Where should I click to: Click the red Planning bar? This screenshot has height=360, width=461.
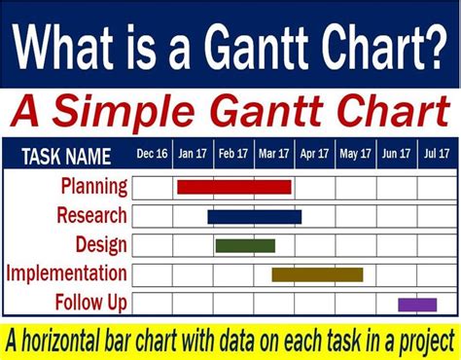(233, 187)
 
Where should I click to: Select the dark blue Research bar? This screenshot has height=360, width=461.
(254, 216)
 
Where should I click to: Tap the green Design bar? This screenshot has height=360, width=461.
(245, 245)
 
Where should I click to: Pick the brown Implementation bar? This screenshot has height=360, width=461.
(317, 274)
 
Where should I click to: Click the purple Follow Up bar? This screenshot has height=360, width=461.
(417, 305)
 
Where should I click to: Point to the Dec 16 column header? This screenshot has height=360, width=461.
(152, 154)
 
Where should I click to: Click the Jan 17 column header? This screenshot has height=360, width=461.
(193, 154)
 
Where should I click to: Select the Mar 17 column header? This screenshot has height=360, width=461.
(274, 154)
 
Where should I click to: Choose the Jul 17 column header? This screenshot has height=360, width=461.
(437, 154)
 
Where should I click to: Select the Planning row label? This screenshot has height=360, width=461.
(93, 187)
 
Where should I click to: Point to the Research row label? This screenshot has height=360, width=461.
(91, 215)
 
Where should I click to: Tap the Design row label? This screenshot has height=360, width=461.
(101, 244)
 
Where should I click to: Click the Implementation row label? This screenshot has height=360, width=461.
(66, 273)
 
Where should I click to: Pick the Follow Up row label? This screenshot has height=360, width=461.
(91, 303)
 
